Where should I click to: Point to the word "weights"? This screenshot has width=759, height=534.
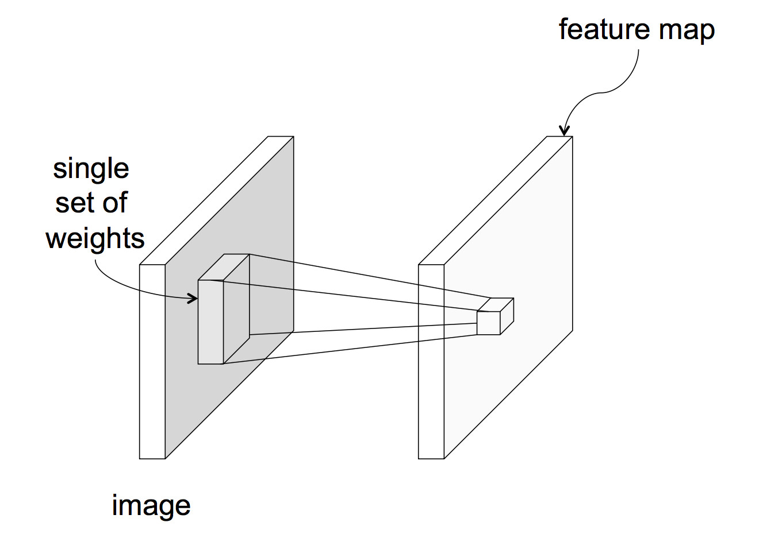[x=95, y=238]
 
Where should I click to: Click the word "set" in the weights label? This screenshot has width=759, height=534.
[x=74, y=203]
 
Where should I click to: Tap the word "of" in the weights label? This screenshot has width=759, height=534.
[x=114, y=203]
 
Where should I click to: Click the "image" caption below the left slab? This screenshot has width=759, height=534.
[x=151, y=506]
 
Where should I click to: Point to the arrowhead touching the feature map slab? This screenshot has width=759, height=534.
[x=565, y=131]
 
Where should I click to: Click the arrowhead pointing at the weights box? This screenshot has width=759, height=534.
[x=193, y=298]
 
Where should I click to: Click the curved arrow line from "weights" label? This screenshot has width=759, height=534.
[x=126, y=287]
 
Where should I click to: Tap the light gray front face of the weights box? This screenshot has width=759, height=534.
[x=210, y=322]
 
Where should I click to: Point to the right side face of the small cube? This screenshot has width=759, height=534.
[x=507, y=316]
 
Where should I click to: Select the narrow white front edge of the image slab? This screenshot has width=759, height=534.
[x=152, y=362]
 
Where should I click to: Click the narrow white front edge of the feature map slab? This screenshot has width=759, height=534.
[x=431, y=362]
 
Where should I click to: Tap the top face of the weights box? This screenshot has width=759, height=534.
[x=224, y=267]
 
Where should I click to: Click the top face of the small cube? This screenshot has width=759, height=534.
[x=495, y=304]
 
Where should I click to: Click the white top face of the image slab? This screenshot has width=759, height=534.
[x=217, y=200]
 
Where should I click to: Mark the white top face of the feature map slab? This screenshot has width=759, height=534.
[x=495, y=200]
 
